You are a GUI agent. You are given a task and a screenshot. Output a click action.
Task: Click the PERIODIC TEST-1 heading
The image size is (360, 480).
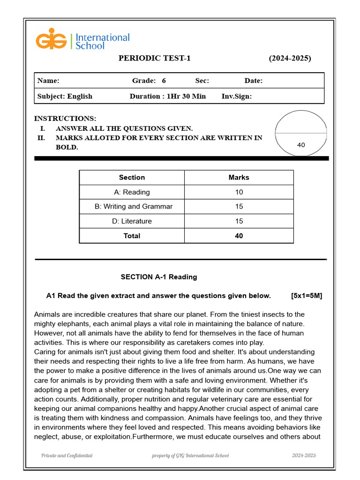(154, 59)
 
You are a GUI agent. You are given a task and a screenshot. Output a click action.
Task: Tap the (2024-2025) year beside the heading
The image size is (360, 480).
(289, 59)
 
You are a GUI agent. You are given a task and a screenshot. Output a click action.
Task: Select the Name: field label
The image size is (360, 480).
(48, 81)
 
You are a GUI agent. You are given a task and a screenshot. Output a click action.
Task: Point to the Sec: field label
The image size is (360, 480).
(202, 81)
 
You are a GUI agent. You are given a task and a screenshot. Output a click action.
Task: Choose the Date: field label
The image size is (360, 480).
(253, 81)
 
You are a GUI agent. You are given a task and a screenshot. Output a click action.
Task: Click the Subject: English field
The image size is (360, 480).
(65, 96)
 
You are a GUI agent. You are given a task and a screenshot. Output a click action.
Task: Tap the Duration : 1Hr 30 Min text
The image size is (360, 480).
(167, 96)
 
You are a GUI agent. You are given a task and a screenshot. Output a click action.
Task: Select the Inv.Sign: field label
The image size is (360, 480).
(236, 96)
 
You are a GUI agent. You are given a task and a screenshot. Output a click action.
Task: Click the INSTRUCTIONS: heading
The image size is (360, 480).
(65, 119)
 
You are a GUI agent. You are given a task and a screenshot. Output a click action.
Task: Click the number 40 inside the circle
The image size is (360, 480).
(301, 145)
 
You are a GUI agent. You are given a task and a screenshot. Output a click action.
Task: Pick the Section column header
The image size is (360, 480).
(132, 178)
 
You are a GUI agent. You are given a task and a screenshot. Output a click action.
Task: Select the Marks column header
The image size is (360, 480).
(239, 178)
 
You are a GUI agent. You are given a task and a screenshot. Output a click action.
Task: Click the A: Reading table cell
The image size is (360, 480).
(132, 192)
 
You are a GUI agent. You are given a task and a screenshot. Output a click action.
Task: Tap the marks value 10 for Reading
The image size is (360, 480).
(239, 192)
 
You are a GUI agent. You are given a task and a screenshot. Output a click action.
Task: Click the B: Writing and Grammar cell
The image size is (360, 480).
(133, 207)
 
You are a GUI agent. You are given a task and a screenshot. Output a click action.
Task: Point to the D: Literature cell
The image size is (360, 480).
(132, 221)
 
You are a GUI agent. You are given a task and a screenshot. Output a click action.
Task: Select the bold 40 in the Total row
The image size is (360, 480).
(239, 236)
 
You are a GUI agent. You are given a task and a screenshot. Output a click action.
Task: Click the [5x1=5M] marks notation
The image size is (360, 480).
(306, 296)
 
